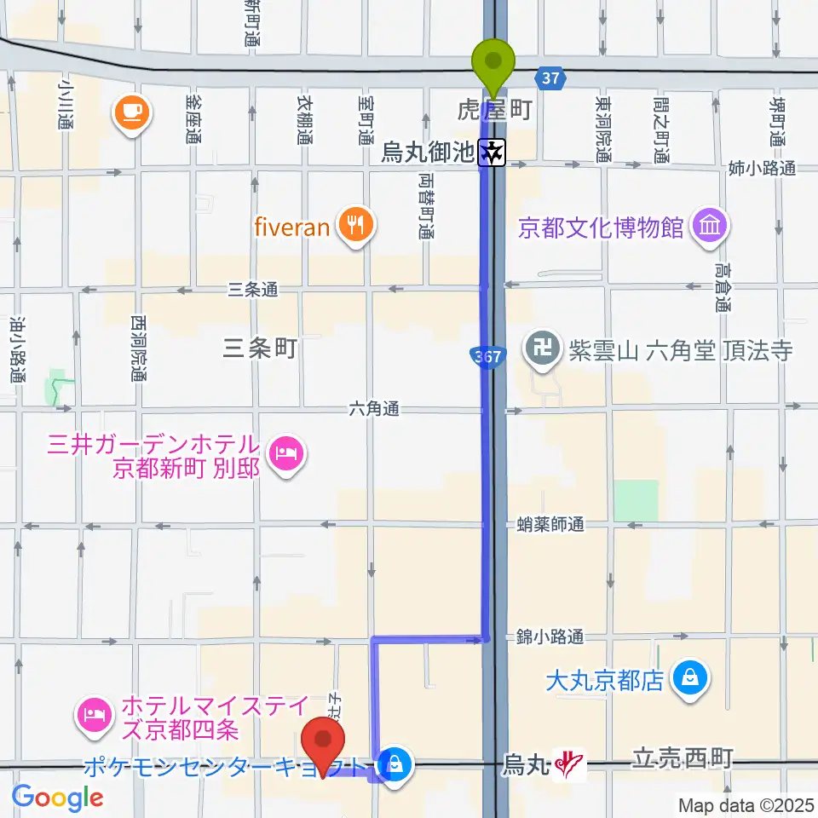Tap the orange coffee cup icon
tap(132, 112)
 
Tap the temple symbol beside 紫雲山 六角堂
tap(540, 349)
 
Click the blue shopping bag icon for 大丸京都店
tap(687, 679)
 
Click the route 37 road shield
tap(550, 78)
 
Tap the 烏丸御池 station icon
tap(493, 153)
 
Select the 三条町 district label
tap(258, 348)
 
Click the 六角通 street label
tap(373, 410)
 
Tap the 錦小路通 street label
tap(550, 637)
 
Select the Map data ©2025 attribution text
tap(745, 804)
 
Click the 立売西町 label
tap(682, 758)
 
